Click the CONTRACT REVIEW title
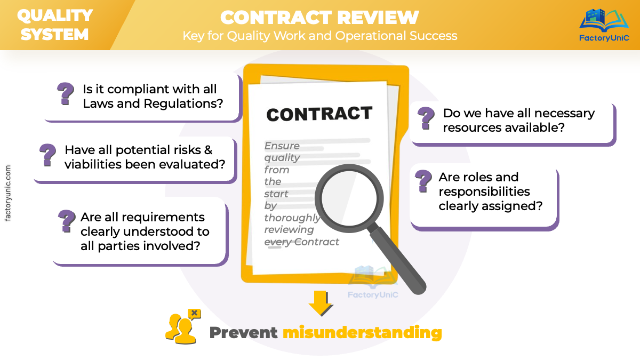(x=319, y=17)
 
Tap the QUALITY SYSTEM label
(x=55, y=25)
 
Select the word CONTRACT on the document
(x=319, y=114)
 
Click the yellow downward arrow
(x=320, y=302)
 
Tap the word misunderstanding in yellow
(x=362, y=333)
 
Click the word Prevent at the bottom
(x=243, y=333)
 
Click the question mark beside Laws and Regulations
(x=66, y=94)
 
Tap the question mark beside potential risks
(x=48, y=155)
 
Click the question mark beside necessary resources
(x=426, y=118)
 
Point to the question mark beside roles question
(x=423, y=181)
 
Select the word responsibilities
(x=484, y=191)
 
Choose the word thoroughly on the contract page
(x=292, y=218)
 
